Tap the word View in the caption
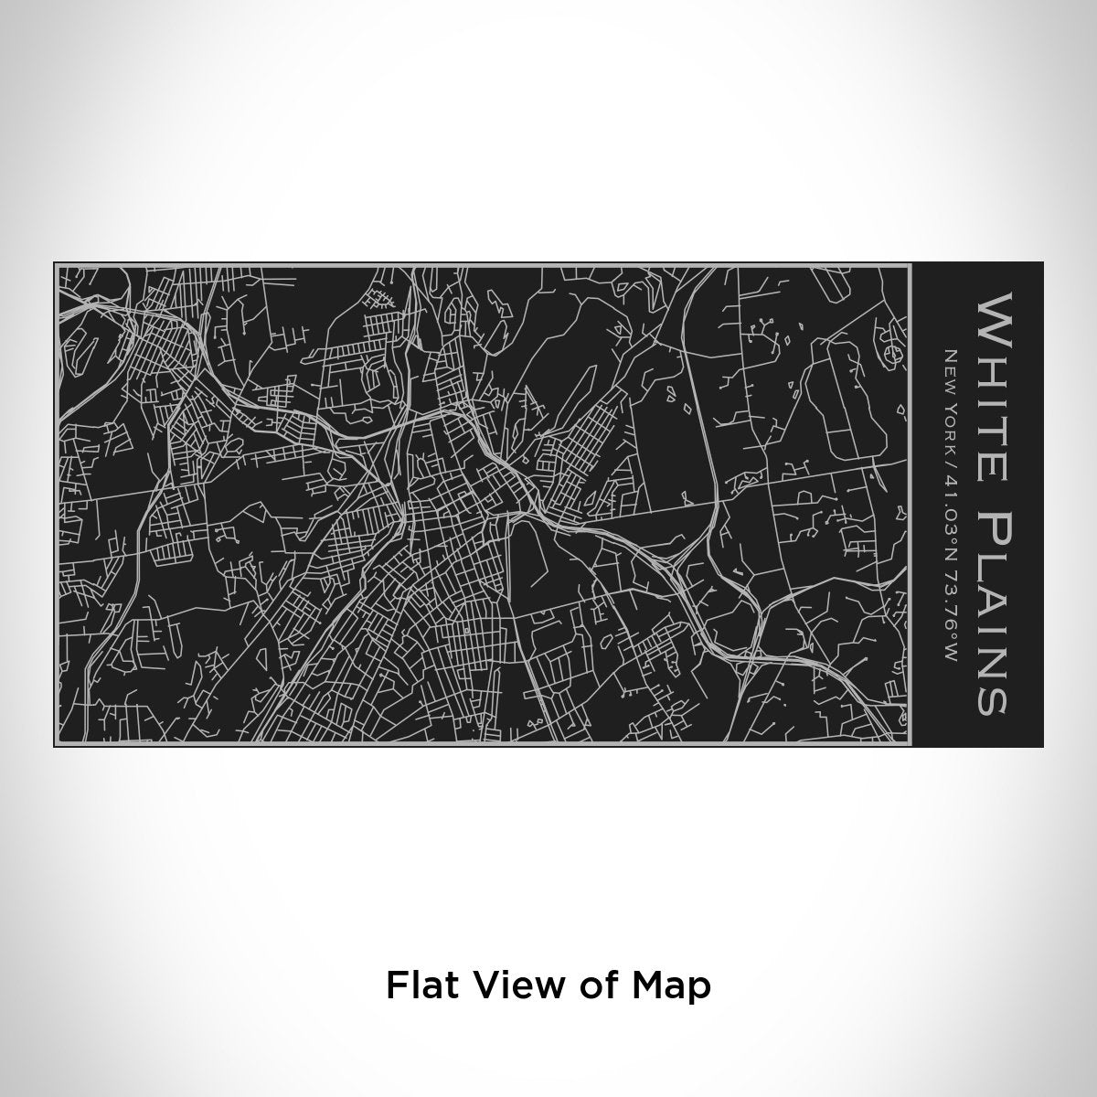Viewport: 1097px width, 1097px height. [507, 986]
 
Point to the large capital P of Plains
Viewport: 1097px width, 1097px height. [991, 524]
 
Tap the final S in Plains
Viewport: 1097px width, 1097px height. [991, 700]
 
